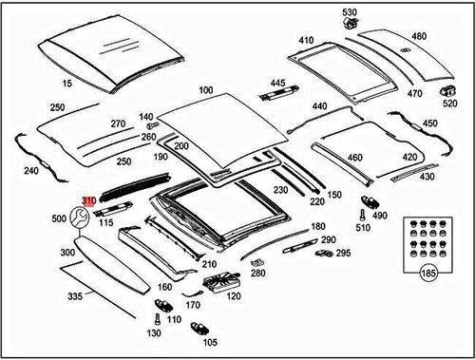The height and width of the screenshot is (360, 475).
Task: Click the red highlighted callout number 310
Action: (88, 201)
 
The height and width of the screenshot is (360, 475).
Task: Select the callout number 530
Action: (350, 11)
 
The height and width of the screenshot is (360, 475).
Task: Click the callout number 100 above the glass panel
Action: (206, 90)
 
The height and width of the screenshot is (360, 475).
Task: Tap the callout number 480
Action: (419, 37)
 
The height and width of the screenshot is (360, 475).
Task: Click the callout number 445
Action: (278, 85)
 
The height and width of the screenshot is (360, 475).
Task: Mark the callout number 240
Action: (31, 171)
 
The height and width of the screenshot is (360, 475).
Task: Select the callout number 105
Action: (210, 342)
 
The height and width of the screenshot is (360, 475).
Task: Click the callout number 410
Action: (305, 41)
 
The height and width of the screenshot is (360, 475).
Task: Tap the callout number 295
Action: (343, 253)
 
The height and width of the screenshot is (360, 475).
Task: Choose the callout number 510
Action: (363, 227)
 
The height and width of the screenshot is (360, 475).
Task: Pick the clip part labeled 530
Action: (351, 27)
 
